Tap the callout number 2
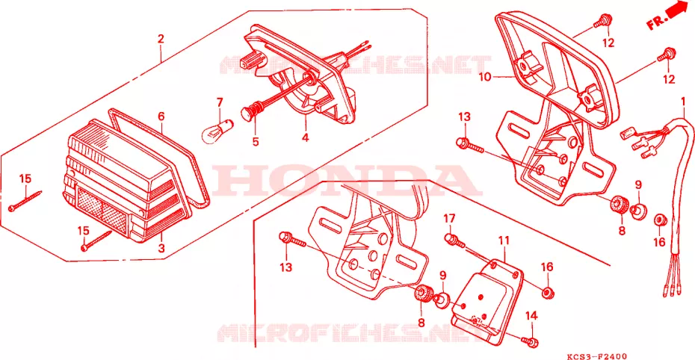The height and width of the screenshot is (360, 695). coord(161,39)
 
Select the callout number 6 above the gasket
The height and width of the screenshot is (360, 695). coord(161,117)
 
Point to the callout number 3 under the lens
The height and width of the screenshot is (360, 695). coord(161,248)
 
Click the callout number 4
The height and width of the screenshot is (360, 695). coord(306,137)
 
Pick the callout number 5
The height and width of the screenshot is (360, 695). coord(256,142)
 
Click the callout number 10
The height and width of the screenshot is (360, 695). coord(485,77)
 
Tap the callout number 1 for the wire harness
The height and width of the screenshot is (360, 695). coord(683,102)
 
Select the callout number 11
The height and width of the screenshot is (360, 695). coord(504,240)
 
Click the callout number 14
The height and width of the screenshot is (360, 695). coord(531,316)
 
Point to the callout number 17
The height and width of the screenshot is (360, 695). coord(449,219)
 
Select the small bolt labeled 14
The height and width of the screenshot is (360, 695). coord(530,341)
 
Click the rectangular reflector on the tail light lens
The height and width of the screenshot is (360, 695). coord(102,207)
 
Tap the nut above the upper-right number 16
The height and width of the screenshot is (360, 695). coord(660,220)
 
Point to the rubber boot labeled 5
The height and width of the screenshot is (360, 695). coord(253,111)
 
